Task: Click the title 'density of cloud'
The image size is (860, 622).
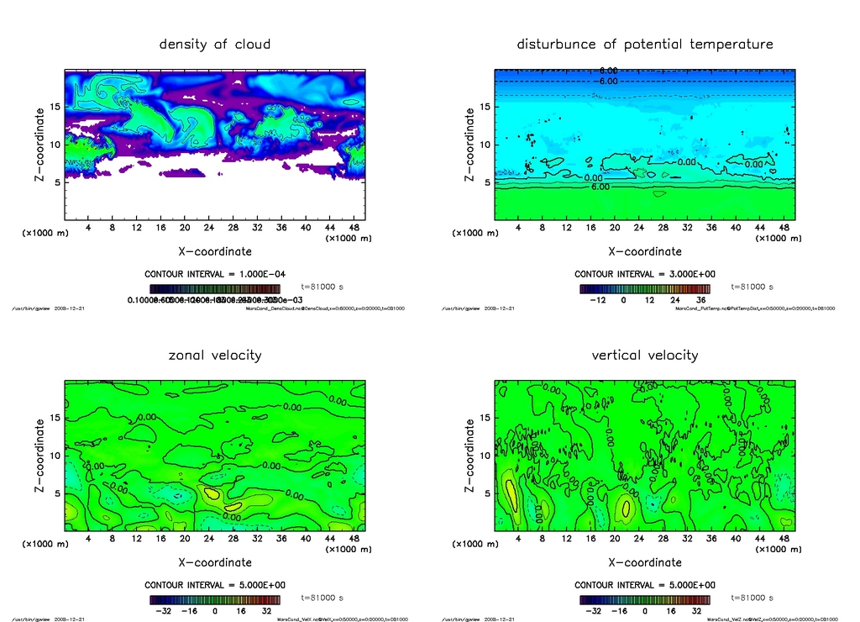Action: point(215,45)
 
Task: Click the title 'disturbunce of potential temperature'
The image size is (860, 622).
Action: point(645,45)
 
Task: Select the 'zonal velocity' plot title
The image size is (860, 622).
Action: point(215,356)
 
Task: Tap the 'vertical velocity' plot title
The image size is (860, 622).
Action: point(645,356)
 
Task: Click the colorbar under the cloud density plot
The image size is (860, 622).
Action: point(215,288)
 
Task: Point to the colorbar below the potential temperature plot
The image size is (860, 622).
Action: point(645,288)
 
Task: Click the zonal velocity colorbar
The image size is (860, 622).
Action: point(215,600)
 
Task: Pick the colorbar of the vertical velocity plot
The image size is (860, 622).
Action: point(645,600)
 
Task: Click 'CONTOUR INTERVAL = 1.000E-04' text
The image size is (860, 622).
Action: point(215,274)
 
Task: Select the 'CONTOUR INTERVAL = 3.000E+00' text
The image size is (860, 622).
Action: point(645,274)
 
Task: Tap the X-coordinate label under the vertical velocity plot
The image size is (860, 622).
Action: point(645,562)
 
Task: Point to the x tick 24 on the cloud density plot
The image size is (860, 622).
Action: point(209,228)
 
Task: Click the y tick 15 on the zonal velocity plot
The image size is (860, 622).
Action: point(57,418)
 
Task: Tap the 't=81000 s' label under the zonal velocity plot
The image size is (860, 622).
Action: point(322,598)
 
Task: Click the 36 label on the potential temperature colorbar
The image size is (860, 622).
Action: point(699,299)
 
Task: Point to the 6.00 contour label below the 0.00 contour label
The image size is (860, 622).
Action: point(600,187)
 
